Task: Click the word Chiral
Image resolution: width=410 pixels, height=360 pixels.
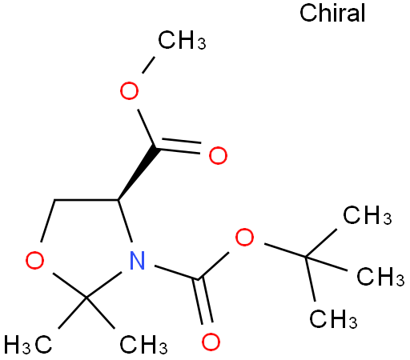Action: pyautogui.click(x=332, y=13)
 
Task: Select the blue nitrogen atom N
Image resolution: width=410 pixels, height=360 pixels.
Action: pyautogui.click(x=137, y=260)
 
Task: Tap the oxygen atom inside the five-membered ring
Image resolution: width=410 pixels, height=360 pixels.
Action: pyautogui.click(x=34, y=260)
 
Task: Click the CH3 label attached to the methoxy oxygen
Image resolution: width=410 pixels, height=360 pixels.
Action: pyautogui.click(x=182, y=40)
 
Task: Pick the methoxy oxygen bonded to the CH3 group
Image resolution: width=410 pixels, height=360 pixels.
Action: pyautogui.click(x=129, y=90)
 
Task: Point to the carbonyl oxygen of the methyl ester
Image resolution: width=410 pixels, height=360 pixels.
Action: pyautogui.click(x=218, y=155)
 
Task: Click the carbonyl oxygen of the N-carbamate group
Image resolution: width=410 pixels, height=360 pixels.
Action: pyautogui.click(x=211, y=342)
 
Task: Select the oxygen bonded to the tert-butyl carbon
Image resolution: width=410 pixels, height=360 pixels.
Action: pyautogui.click(x=244, y=238)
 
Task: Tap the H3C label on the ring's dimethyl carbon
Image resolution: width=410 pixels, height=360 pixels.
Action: pyautogui.click(x=28, y=345)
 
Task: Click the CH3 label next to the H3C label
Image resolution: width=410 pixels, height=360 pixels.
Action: pyautogui.click(x=143, y=345)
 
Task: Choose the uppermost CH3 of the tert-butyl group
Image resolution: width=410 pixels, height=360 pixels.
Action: pyautogui.click(x=368, y=215)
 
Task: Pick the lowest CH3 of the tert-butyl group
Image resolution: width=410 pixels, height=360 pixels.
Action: pyautogui.click(x=333, y=319)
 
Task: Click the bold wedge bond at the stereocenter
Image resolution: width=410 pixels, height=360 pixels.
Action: pyautogui.click(x=137, y=173)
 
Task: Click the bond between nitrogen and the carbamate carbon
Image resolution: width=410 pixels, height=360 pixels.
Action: pyautogui.click(x=176, y=273)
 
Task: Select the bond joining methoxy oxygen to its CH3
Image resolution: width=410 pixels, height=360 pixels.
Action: pyautogui.click(x=148, y=65)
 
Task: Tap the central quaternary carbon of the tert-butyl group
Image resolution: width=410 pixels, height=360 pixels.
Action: pyautogui.click(x=306, y=257)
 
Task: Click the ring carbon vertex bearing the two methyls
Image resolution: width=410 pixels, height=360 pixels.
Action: pyautogui.click(x=86, y=297)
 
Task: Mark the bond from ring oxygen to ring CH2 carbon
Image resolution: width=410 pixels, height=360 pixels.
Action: pyautogui.click(x=48, y=221)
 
